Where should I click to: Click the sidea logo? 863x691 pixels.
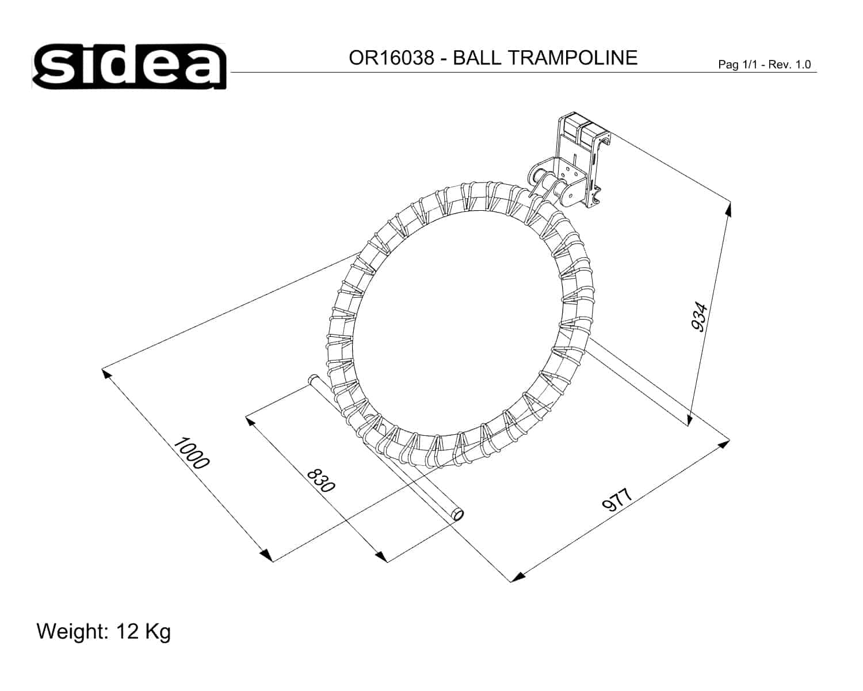129,66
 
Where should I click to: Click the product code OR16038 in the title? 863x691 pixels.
391,58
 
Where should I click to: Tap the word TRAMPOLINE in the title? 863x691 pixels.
572,58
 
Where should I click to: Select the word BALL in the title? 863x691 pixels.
477,58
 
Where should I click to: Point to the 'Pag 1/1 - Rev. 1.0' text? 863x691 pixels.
765,64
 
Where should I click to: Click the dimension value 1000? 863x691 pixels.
191,453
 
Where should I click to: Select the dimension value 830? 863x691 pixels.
320,481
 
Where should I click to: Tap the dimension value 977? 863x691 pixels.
617,500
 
